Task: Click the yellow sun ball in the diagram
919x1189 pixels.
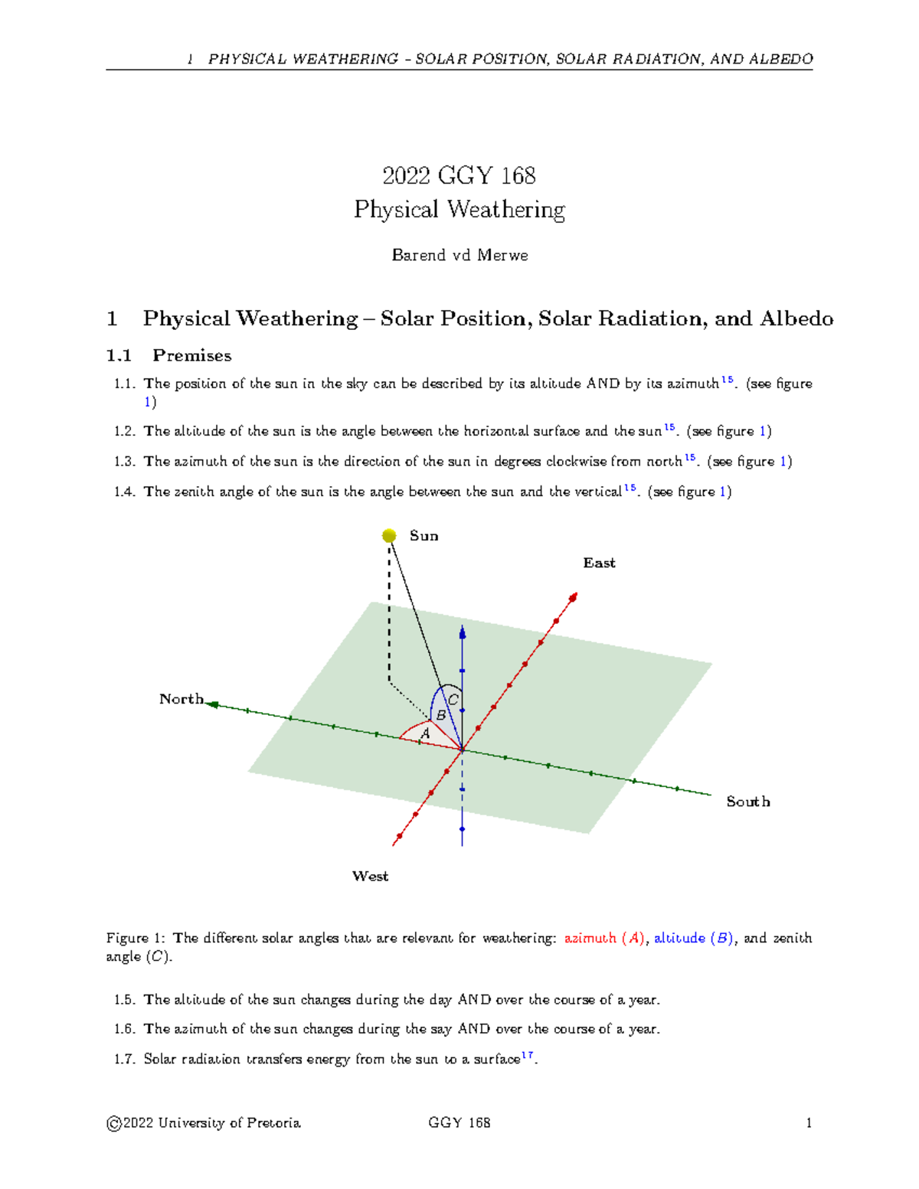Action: pos(389,536)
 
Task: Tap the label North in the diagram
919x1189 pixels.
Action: pos(182,699)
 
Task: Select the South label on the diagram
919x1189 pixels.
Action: pos(748,802)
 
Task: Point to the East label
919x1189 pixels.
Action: pos(599,563)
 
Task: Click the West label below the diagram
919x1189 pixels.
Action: pos(370,877)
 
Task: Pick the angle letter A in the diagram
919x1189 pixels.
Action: pos(425,733)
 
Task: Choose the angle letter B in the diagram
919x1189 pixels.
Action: pos(441,716)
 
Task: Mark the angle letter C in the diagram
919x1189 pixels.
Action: pos(453,700)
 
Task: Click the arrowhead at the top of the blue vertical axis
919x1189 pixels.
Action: pos(462,631)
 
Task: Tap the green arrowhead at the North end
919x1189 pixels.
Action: pos(213,704)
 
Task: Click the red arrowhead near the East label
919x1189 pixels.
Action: pos(573,597)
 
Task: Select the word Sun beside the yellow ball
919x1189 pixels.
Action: pos(424,536)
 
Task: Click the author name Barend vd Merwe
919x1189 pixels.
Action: pos(459,255)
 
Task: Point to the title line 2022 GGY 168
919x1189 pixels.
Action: pos(459,175)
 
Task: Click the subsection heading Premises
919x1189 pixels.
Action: pos(191,355)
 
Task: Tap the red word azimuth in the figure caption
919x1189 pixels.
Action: pos(590,938)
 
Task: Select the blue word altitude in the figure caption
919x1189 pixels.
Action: pos(679,938)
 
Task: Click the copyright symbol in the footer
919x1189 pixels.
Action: pos(114,1124)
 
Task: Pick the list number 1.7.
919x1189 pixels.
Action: pos(124,1060)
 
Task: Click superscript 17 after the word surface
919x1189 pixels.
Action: pos(527,1055)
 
